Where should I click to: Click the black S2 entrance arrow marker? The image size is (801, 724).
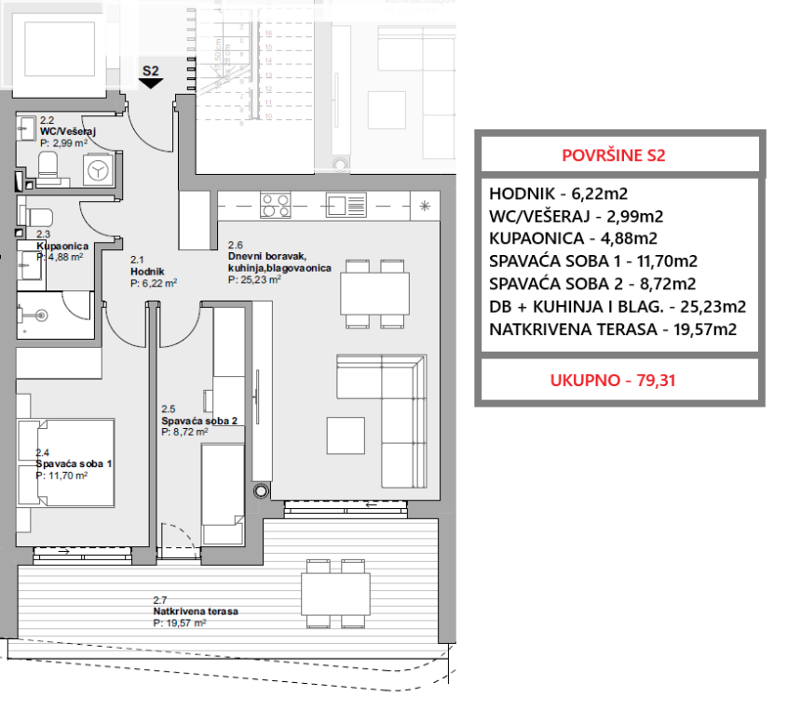coord(151,83)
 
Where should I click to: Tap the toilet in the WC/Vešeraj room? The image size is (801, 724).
coord(49,168)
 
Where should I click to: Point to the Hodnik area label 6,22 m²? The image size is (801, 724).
coord(154,283)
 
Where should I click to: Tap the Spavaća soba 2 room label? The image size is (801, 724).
coord(199,421)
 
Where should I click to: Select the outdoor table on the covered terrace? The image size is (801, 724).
coord(333,593)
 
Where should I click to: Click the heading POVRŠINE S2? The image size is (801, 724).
coord(618,154)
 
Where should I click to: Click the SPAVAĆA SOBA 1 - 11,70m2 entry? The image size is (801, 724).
coord(593,261)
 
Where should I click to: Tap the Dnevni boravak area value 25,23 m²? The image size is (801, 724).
coord(254,277)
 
